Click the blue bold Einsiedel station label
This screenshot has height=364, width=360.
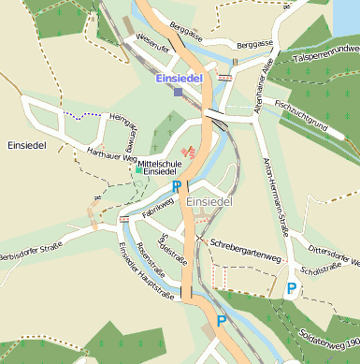pyautogui.click(x=180, y=77)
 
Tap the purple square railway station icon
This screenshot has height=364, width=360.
pyautogui.click(x=179, y=91)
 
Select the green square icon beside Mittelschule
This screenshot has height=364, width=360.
pyautogui.click(x=138, y=170)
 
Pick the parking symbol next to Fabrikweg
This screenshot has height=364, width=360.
pyautogui.click(x=175, y=187)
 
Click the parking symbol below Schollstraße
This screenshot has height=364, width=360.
pyautogui.click(x=292, y=288)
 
